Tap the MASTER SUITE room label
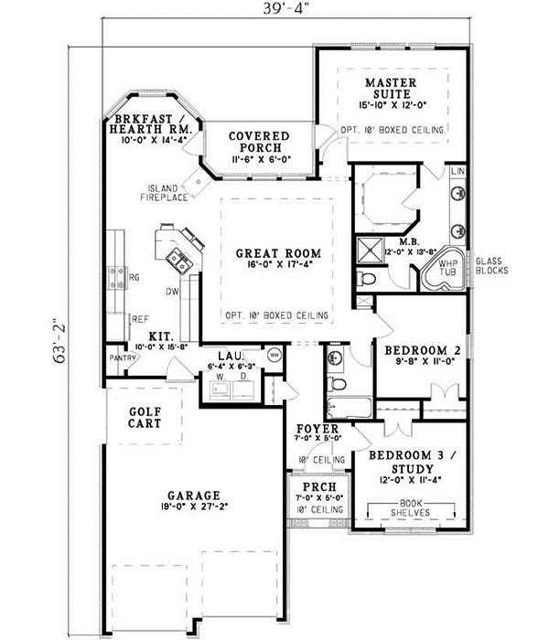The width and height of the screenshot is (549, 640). (392, 88)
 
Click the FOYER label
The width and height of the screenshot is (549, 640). (318, 429)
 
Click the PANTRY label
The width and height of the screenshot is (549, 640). (124, 358)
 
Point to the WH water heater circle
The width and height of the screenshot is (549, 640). (274, 354)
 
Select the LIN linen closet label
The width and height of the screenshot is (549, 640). (458, 172)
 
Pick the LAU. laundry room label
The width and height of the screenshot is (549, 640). (229, 356)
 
